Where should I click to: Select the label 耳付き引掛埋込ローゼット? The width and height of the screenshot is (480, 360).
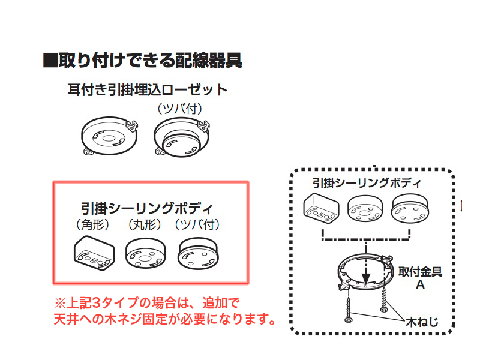[x=148, y=91]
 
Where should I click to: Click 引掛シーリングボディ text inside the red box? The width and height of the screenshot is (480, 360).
[x=147, y=209]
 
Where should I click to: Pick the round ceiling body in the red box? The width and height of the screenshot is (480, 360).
[x=145, y=254]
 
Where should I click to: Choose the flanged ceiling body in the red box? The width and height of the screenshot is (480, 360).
[x=199, y=254]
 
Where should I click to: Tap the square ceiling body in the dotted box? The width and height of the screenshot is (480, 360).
[x=322, y=208]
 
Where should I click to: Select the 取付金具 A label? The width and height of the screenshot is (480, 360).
[x=420, y=277]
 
